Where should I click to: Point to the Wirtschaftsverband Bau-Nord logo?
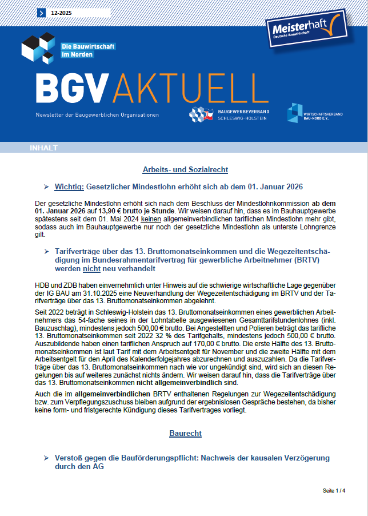pyautogui.click(x=315, y=113)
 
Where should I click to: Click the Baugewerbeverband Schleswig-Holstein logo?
pyautogui.click(x=230, y=113)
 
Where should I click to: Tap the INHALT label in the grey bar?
pyautogui.click(x=44, y=148)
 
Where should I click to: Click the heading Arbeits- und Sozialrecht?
pyautogui.click(x=185, y=170)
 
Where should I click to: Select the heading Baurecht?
pyautogui.click(x=185, y=433)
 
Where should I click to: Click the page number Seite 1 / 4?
pyautogui.click(x=334, y=491)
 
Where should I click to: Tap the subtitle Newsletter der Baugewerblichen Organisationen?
pyautogui.click(x=97, y=114)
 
